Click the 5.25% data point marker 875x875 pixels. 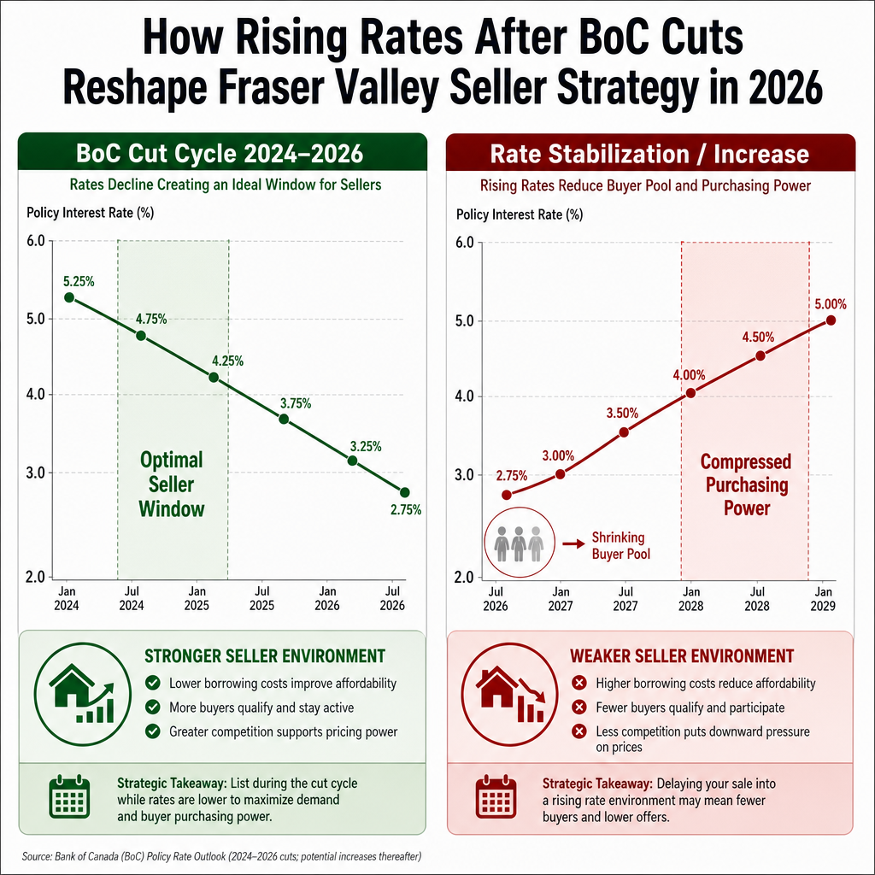pyautogui.click(x=69, y=297)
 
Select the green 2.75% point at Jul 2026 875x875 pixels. pyautogui.click(x=404, y=492)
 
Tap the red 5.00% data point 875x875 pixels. pyautogui.click(x=831, y=320)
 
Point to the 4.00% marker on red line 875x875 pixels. pyautogui.click(x=690, y=393)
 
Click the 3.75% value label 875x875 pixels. pyautogui.click(x=296, y=403)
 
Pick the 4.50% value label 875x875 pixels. pyautogui.click(x=758, y=337)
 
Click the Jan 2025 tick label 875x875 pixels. pyautogui.click(x=197, y=598)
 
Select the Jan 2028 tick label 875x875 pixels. pyautogui.click(x=690, y=599)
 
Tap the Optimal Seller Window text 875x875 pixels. pyautogui.click(x=171, y=484)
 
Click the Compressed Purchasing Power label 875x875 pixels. pyautogui.click(x=746, y=484)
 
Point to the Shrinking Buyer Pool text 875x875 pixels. pyautogui.click(x=621, y=545)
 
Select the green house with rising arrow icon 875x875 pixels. pyautogui.click(x=83, y=694)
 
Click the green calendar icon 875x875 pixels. pyautogui.click(x=69, y=797)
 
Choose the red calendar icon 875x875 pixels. pyautogui.click(x=496, y=797)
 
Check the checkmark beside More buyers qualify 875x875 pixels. pyautogui.click(x=152, y=707)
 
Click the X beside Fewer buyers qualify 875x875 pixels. pyautogui.click(x=579, y=707)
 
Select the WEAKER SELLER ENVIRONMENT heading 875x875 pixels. pyautogui.click(x=682, y=655)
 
